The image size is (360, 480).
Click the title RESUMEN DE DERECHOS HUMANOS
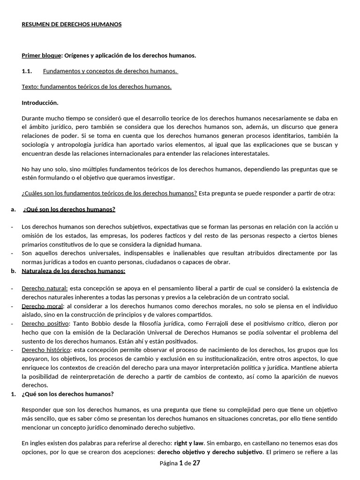(x=71, y=24)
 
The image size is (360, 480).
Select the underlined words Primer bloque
(x=41, y=56)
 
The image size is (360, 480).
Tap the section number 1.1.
(x=26, y=71)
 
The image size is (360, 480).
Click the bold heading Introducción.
(x=40, y=103)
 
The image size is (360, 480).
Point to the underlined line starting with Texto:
(x=97, y=87)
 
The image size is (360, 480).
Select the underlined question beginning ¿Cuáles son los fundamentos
(x=109, y=194)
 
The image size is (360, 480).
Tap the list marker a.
(x=13, y=209)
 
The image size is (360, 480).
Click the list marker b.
(x=13, y=271)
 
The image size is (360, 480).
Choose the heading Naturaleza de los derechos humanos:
(x=73, y=271)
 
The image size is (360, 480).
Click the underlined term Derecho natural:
(x=45, y=288)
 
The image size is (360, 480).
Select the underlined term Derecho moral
(x=42, y=306)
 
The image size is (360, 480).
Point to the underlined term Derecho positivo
(x=45, y=323)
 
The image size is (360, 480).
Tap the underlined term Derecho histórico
(x=46, y=350)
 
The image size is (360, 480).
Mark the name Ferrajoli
(x=210, y=323)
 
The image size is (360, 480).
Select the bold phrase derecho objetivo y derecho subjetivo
(x=210, y=452)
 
